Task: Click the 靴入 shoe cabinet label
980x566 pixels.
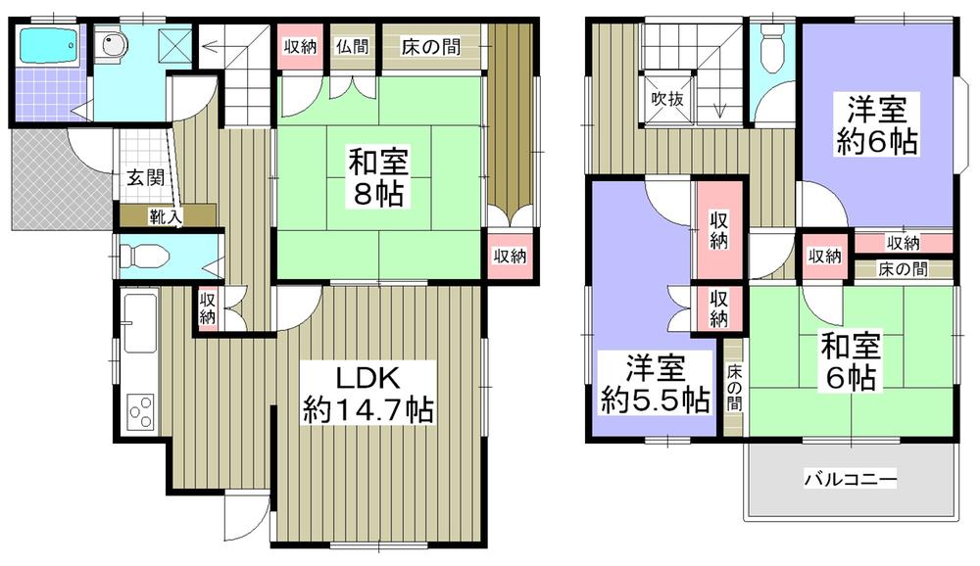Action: (164, 216)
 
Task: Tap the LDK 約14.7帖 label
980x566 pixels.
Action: (368, 392)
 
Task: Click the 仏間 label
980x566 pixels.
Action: (352, 46)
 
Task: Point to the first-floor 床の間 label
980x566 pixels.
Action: (430, 46)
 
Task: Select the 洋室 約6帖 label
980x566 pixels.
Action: (877, 125)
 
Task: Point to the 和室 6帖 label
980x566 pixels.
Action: (851, 362)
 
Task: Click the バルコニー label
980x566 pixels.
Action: (850, 480)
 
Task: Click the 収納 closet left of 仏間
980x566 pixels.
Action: (301, 46)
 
